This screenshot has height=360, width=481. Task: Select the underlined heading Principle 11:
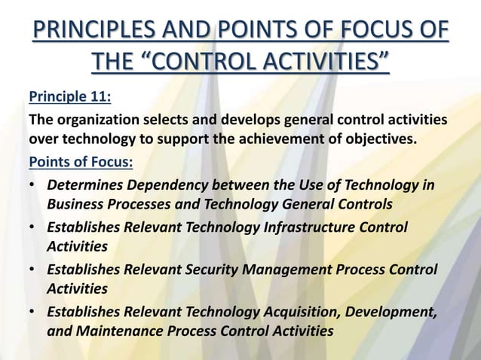click(66, 98)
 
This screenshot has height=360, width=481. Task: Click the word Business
click(74, 204)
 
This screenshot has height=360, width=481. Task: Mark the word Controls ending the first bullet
click(368, 204)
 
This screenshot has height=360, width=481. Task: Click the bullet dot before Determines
click(32, 186)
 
